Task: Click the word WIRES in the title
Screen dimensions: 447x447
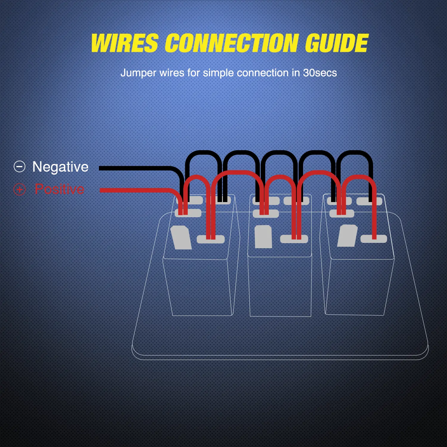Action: coord(125,43)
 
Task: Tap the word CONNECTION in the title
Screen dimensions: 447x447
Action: coord(231,43)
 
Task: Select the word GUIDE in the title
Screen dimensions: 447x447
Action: coord(337,43)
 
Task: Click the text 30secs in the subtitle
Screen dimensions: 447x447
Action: coord(320,73)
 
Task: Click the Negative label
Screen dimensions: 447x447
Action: coord(60,167)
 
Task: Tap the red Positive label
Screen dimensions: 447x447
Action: coord(59,189)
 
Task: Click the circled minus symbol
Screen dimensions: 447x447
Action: coord(20,166)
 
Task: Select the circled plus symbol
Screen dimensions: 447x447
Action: coord(20,189)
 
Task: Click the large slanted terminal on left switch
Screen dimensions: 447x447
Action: coord(181,238)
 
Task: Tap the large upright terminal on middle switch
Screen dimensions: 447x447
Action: coord(263,237)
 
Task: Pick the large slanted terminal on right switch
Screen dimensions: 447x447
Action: coord(347,236)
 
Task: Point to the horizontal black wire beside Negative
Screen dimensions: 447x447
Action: coord(134,168)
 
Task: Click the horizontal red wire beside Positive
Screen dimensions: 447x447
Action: coord(134,190)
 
